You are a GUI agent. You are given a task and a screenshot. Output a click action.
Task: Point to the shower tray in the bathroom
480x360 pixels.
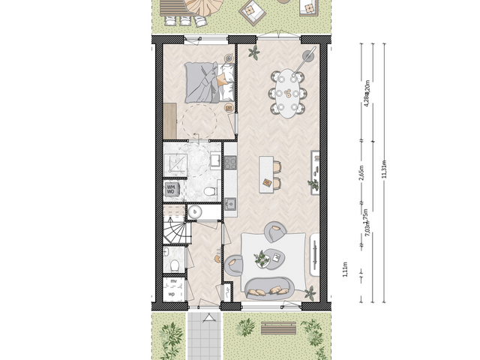[176, 162]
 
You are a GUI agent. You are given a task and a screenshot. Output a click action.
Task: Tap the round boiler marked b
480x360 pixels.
[195, 212]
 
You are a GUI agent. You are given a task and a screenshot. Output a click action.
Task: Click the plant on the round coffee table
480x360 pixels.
[262, 259]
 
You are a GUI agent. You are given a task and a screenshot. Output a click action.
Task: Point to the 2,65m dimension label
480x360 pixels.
[361, 174]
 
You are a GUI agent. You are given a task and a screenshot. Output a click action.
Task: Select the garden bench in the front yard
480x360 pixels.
[277, 328]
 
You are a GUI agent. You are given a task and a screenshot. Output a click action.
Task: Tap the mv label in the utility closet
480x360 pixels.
[172, 281]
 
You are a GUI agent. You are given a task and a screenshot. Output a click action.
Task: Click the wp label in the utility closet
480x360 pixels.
[172, 294]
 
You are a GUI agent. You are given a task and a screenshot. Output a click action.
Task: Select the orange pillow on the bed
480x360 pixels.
[221, 80]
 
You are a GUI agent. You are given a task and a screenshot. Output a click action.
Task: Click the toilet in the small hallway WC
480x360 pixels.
[173, 263]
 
